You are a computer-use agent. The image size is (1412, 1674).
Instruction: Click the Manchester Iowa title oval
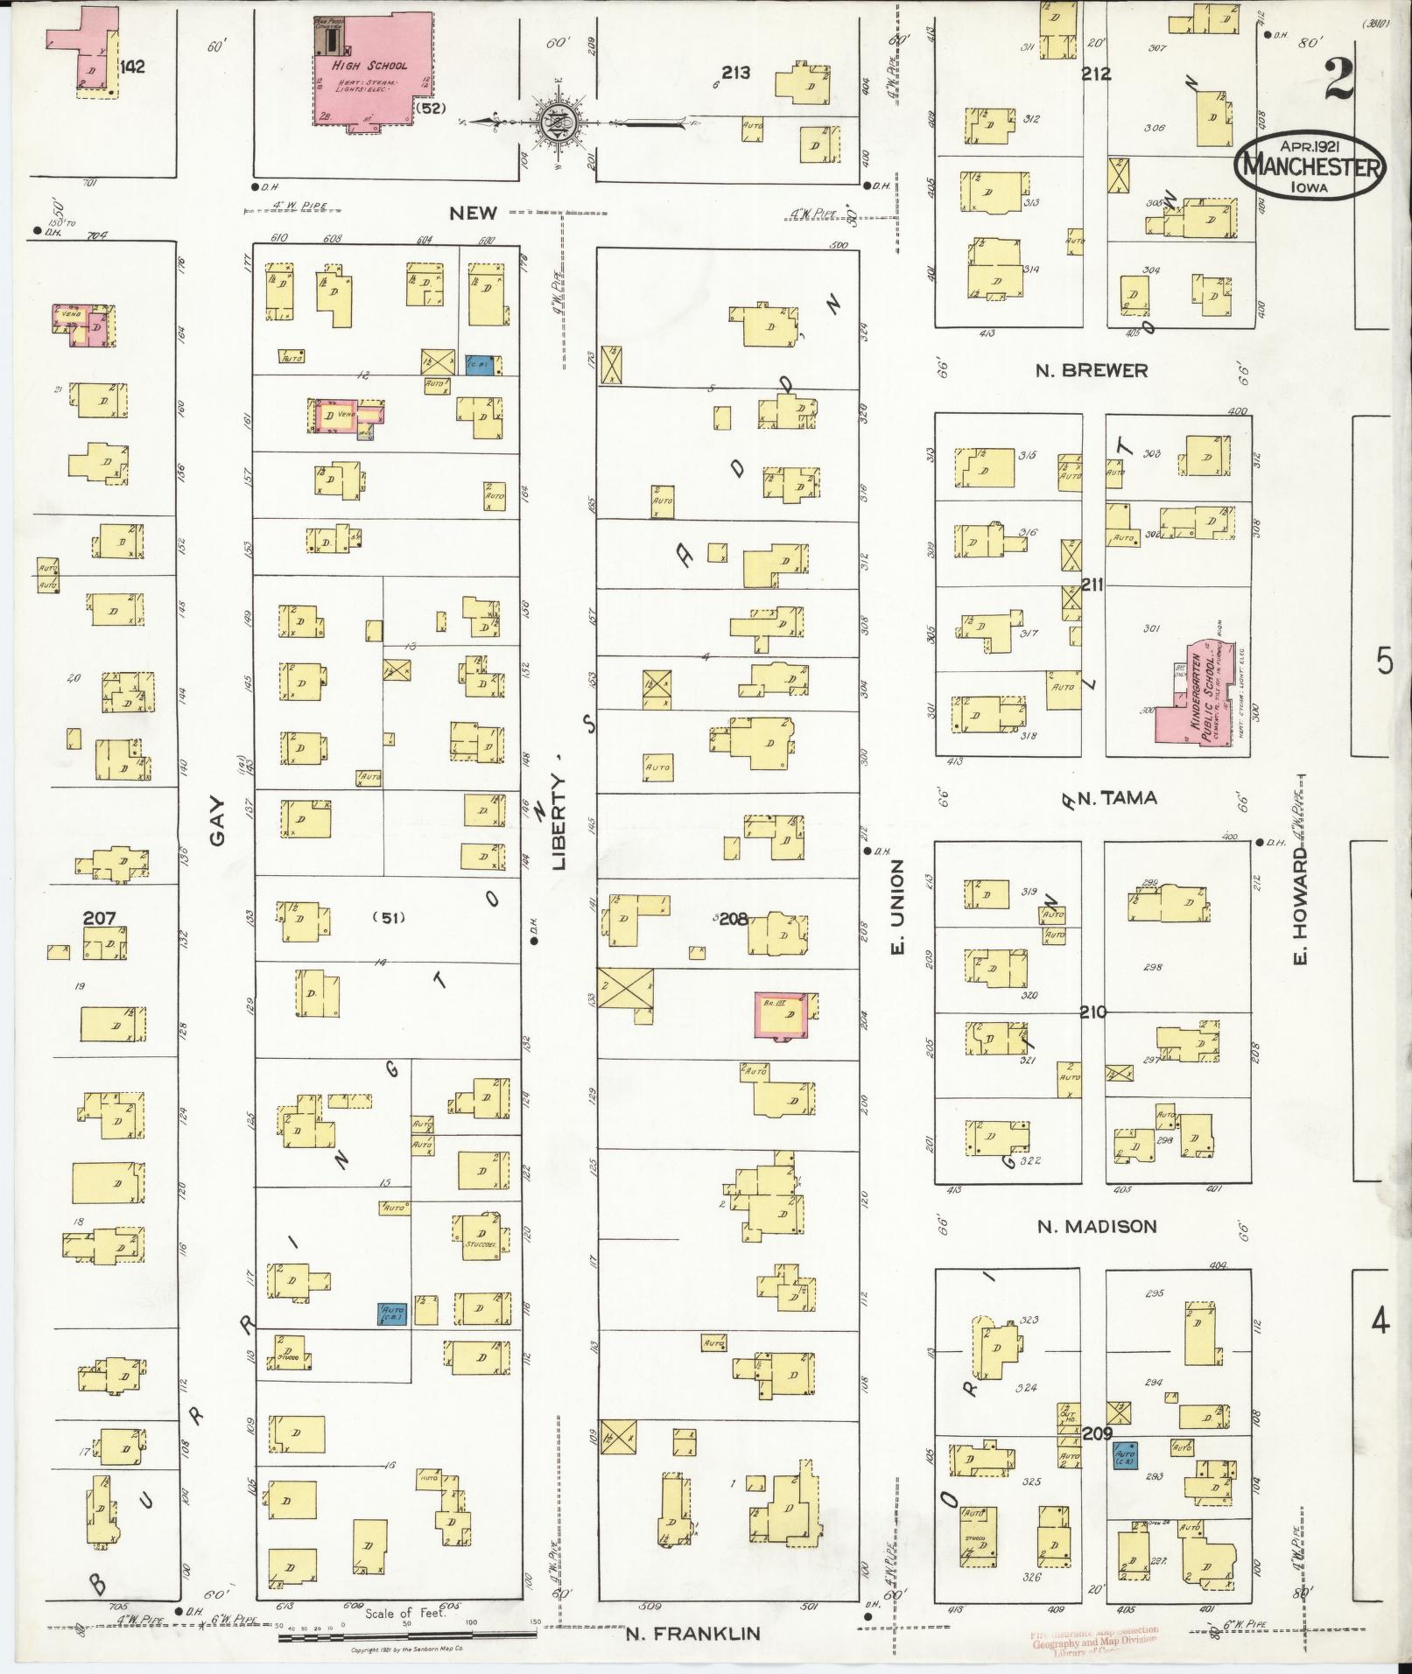click(x=1310, y=165)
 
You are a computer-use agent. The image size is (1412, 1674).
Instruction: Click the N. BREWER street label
click(x=1091, y=371)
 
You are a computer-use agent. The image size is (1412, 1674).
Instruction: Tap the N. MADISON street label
click(x=1097, y=1227)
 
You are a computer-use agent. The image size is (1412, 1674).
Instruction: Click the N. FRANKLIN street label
click(x=692, y=1633)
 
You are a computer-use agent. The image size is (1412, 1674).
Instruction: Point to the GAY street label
click(x=217, y=822)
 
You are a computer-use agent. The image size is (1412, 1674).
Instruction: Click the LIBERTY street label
click(x=559, y=822)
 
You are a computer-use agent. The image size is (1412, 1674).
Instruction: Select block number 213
click(x=735, y=74)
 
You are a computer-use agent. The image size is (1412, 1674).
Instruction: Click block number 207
click(x=99, y=919)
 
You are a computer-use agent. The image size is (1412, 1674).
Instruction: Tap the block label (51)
click(x=388, y=918)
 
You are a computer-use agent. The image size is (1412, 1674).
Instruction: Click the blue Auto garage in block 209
click(x=1125, y=1455)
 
